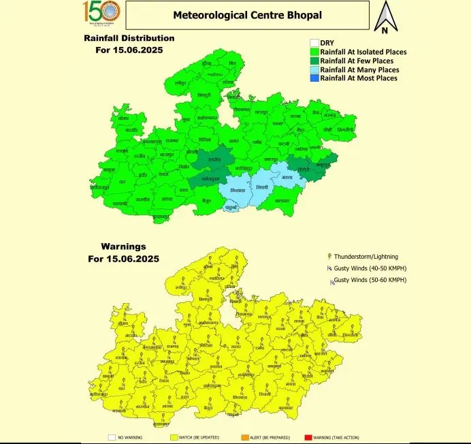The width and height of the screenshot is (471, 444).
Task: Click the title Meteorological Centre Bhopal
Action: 246,14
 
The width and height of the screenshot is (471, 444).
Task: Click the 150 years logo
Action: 101,12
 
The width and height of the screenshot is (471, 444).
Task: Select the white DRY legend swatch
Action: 314,42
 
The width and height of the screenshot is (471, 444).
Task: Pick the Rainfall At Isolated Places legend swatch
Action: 314,51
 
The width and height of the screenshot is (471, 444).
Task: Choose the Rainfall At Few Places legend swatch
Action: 314,61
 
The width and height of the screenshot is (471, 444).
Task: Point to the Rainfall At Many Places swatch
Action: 314,69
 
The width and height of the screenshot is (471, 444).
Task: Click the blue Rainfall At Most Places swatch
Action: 314,78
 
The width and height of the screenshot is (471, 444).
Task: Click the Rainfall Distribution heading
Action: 129,38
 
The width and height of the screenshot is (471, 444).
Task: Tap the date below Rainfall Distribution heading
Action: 129,50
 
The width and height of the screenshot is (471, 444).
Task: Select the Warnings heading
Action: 123,246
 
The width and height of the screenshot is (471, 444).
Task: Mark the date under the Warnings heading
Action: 123,259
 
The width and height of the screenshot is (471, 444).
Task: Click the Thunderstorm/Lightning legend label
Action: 366,257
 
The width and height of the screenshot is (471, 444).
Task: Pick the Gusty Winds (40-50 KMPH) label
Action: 370,268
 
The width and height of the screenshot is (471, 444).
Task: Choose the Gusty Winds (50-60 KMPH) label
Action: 370,280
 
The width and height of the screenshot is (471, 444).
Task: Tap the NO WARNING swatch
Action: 112,437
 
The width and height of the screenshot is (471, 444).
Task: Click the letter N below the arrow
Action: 385,30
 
